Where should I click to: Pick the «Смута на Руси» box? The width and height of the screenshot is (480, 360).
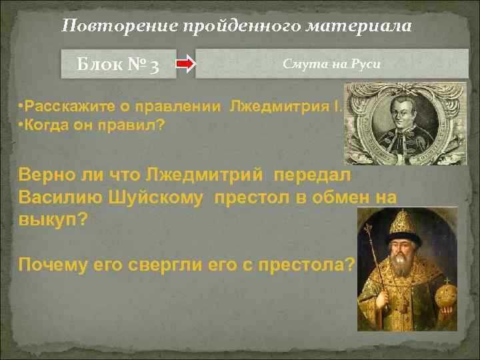(x=331, y=65)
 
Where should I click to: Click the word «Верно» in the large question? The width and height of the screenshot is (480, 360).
(x=46, y=176)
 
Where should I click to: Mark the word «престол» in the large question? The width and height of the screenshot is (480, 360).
(x=244, y=198)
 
